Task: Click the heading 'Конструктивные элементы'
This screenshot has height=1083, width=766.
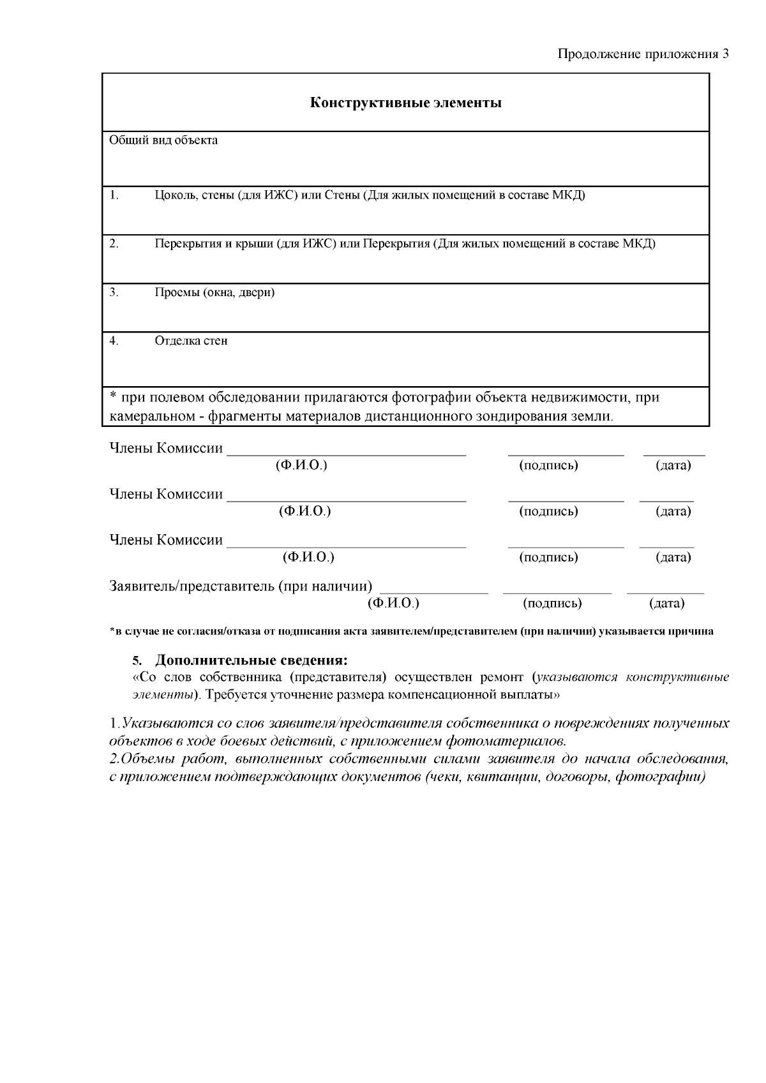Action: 405,103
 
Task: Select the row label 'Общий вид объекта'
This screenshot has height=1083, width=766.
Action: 163,140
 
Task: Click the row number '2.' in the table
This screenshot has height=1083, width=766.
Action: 114,243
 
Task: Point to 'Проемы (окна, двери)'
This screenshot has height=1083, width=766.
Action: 214,292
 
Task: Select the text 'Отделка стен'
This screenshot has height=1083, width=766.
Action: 191,341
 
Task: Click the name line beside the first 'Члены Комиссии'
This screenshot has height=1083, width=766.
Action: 347,453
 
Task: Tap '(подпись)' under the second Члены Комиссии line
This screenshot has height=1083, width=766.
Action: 549,511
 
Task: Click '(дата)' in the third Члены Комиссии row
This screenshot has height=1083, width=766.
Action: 673,557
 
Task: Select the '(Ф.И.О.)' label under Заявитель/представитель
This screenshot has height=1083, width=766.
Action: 393,603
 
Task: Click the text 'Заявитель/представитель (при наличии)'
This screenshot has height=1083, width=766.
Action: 241,586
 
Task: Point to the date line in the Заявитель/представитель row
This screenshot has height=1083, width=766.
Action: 665,593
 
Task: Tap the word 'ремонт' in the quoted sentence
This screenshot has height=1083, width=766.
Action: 501,677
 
